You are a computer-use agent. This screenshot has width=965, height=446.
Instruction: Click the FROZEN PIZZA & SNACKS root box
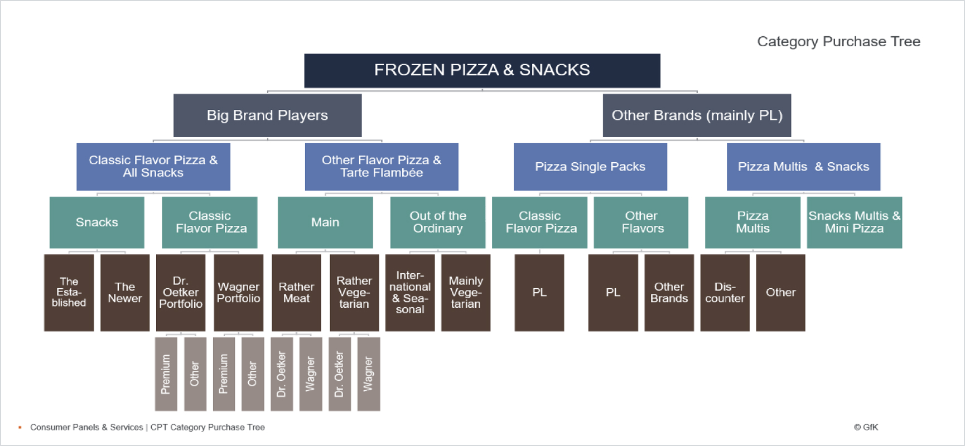482,70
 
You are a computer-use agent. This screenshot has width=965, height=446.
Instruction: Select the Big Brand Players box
267,115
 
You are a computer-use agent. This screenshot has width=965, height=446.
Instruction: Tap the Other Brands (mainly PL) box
697,115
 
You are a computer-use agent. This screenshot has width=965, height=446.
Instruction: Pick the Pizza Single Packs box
590,167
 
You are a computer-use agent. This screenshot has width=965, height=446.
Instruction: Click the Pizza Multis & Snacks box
803,167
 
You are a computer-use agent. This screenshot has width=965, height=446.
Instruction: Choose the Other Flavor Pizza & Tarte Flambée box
382,167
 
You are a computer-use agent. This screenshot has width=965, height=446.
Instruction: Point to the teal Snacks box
97,222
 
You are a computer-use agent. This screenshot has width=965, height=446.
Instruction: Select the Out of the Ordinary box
438,222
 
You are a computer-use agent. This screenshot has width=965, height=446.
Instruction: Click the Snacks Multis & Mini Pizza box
854,222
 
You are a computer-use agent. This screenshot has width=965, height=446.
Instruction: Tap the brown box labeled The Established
69,293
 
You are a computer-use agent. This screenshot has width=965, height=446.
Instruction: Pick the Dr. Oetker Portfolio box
181,293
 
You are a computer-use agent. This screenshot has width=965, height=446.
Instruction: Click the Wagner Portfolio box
238,293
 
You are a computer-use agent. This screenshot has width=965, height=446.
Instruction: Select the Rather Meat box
296,293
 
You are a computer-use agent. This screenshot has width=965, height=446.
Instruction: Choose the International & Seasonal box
410,293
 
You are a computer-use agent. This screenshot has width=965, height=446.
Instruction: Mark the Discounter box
725,293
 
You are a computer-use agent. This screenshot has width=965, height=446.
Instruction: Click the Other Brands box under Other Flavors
669,293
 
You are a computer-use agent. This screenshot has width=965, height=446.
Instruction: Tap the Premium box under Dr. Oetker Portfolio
166,374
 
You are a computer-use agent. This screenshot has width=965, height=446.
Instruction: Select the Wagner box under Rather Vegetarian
368,374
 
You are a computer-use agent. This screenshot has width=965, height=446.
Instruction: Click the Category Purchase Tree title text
838,42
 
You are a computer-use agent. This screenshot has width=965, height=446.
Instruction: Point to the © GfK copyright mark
866,427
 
